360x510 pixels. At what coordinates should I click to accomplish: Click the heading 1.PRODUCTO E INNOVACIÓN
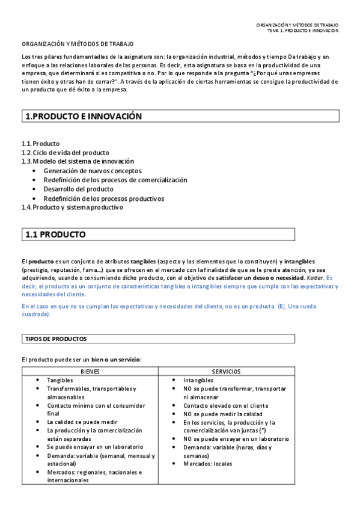83,117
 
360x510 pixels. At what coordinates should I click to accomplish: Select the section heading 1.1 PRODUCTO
55,235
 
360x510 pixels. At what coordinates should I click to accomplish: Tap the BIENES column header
90,372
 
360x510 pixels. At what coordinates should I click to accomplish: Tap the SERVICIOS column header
227,372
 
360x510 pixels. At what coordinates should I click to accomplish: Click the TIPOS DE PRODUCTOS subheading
55,339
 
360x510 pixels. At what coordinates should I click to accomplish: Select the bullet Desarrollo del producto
78,189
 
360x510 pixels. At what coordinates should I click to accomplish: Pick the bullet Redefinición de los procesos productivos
104,198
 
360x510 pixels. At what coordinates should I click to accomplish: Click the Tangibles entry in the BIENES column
60,380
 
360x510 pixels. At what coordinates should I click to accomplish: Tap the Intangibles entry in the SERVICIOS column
198,380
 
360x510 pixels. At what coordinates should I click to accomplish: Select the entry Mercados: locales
208,463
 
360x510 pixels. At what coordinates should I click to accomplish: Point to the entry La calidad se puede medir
82,422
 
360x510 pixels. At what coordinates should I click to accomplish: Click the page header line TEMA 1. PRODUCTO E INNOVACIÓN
303,30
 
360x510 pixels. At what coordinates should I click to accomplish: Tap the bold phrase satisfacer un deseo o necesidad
261,278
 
